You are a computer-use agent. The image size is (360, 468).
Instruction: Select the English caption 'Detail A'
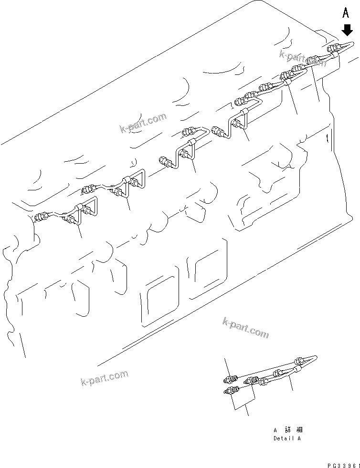tap(287, 438)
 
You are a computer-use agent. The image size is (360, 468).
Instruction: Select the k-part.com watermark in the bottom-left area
tap(105, 378)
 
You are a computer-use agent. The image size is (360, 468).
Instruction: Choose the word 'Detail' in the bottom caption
tap(283, 438)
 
